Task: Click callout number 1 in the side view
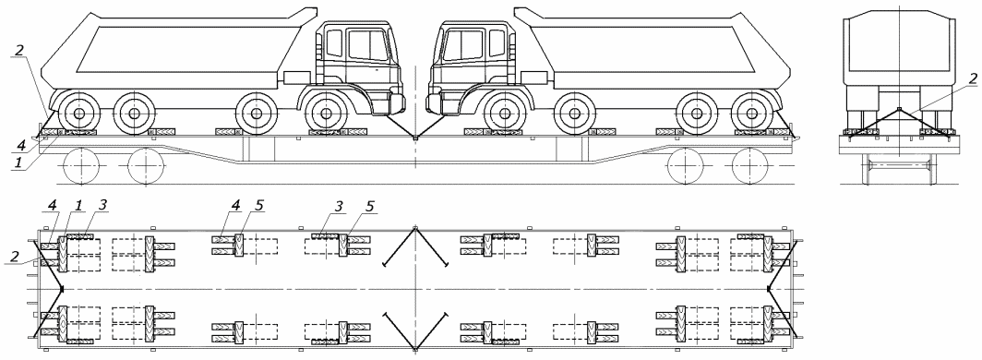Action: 18,162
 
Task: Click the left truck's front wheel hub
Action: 327,114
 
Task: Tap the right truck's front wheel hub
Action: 504,114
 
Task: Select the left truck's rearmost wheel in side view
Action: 79,114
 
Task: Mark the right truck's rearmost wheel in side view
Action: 752,114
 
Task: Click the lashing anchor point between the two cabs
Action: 415,138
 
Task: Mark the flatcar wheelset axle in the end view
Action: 899,165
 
